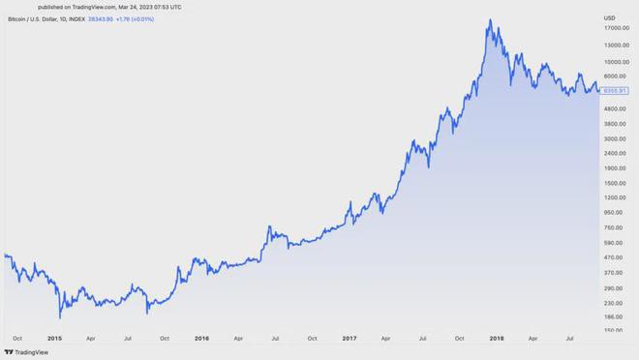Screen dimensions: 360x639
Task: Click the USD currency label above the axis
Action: click(x=610, y=17)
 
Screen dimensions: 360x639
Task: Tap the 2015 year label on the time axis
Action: click(x=54, y=338)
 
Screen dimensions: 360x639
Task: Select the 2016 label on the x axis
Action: click(x=201, y=338)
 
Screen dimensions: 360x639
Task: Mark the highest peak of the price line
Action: click(x=491, y=20)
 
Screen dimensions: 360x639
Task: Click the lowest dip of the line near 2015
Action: click(x=60, y=316)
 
